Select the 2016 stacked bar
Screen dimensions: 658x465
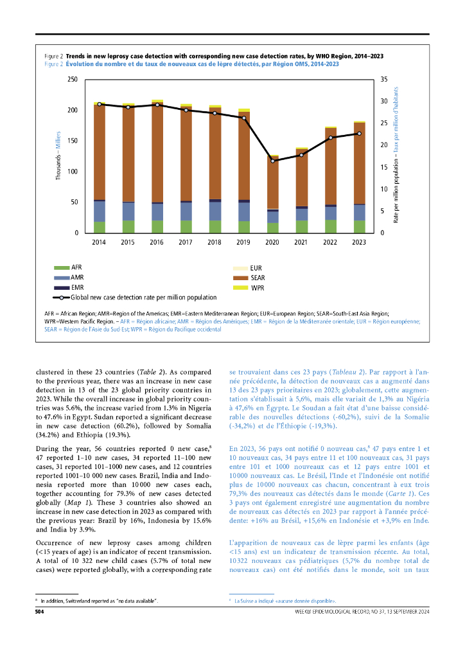pyautogui.click(x=157, y=167)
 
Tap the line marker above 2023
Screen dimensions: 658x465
pyautogui.click(x=359, y=134)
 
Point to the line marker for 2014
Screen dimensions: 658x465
pyautogui.click(x=100, y=104)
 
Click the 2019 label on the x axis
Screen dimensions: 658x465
pyautogui.click(x=244, y=242)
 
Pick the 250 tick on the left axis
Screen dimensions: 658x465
pyautogui.click(x=73, y=80)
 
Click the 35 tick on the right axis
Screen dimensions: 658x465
pyautogui.click(x=384, y=80)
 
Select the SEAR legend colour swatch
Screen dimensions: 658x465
pyautogui.click(x=239, y=278)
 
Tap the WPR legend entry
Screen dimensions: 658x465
pyautogui.click(x=256, y=287)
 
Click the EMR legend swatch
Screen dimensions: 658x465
pyautogui.click(x=62, y=287)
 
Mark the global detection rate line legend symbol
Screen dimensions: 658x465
pyautogui.click(x=62, y=298)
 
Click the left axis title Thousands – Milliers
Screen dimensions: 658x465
pyautogui.click(x=58, y=156)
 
